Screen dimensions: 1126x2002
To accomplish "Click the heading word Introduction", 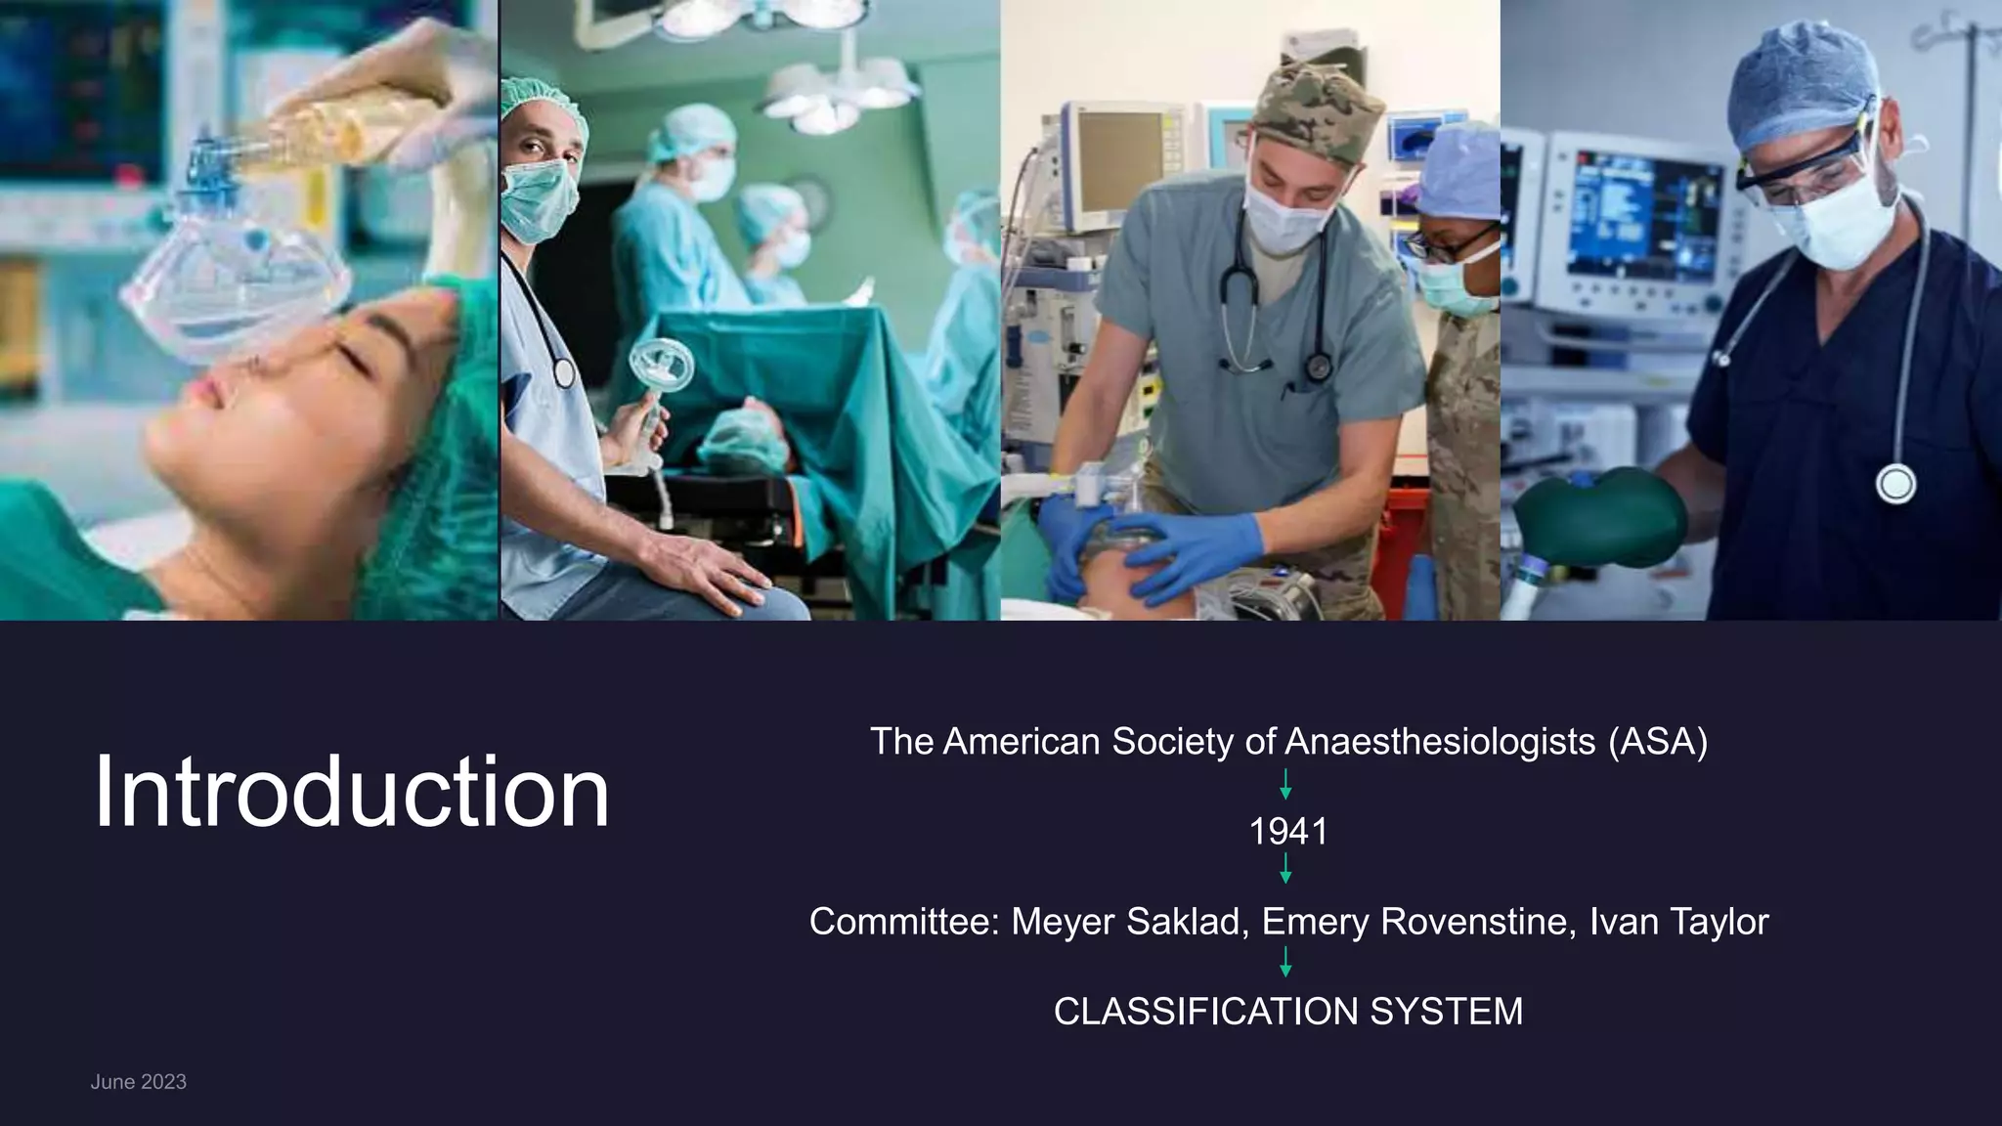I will click(352, 792).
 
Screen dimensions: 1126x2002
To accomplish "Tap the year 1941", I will click(1288, 832).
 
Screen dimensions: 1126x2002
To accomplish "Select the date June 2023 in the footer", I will click(138, 1082).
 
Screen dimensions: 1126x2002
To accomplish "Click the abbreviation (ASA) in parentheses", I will click(1658, 742).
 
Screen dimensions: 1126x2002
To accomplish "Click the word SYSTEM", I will click(1447, 1012).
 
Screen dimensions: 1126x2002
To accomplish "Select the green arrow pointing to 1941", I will click(1285, 784).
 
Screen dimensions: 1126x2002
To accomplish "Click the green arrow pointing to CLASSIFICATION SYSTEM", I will click(1285, 963).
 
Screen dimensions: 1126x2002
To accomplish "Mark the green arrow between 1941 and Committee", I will click(1285, 869).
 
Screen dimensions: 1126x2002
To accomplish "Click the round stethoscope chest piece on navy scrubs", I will click(1895, 485).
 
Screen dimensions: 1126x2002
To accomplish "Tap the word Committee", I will click(903, 922).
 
